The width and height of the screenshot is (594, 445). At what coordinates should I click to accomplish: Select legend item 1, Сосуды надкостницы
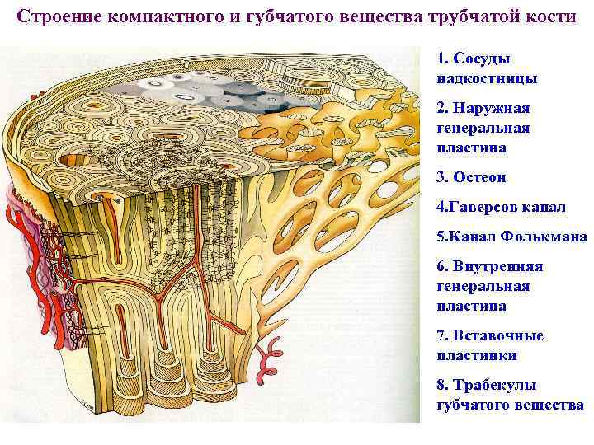(487, 69)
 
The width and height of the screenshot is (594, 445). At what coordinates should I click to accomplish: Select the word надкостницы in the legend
(487, 79)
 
